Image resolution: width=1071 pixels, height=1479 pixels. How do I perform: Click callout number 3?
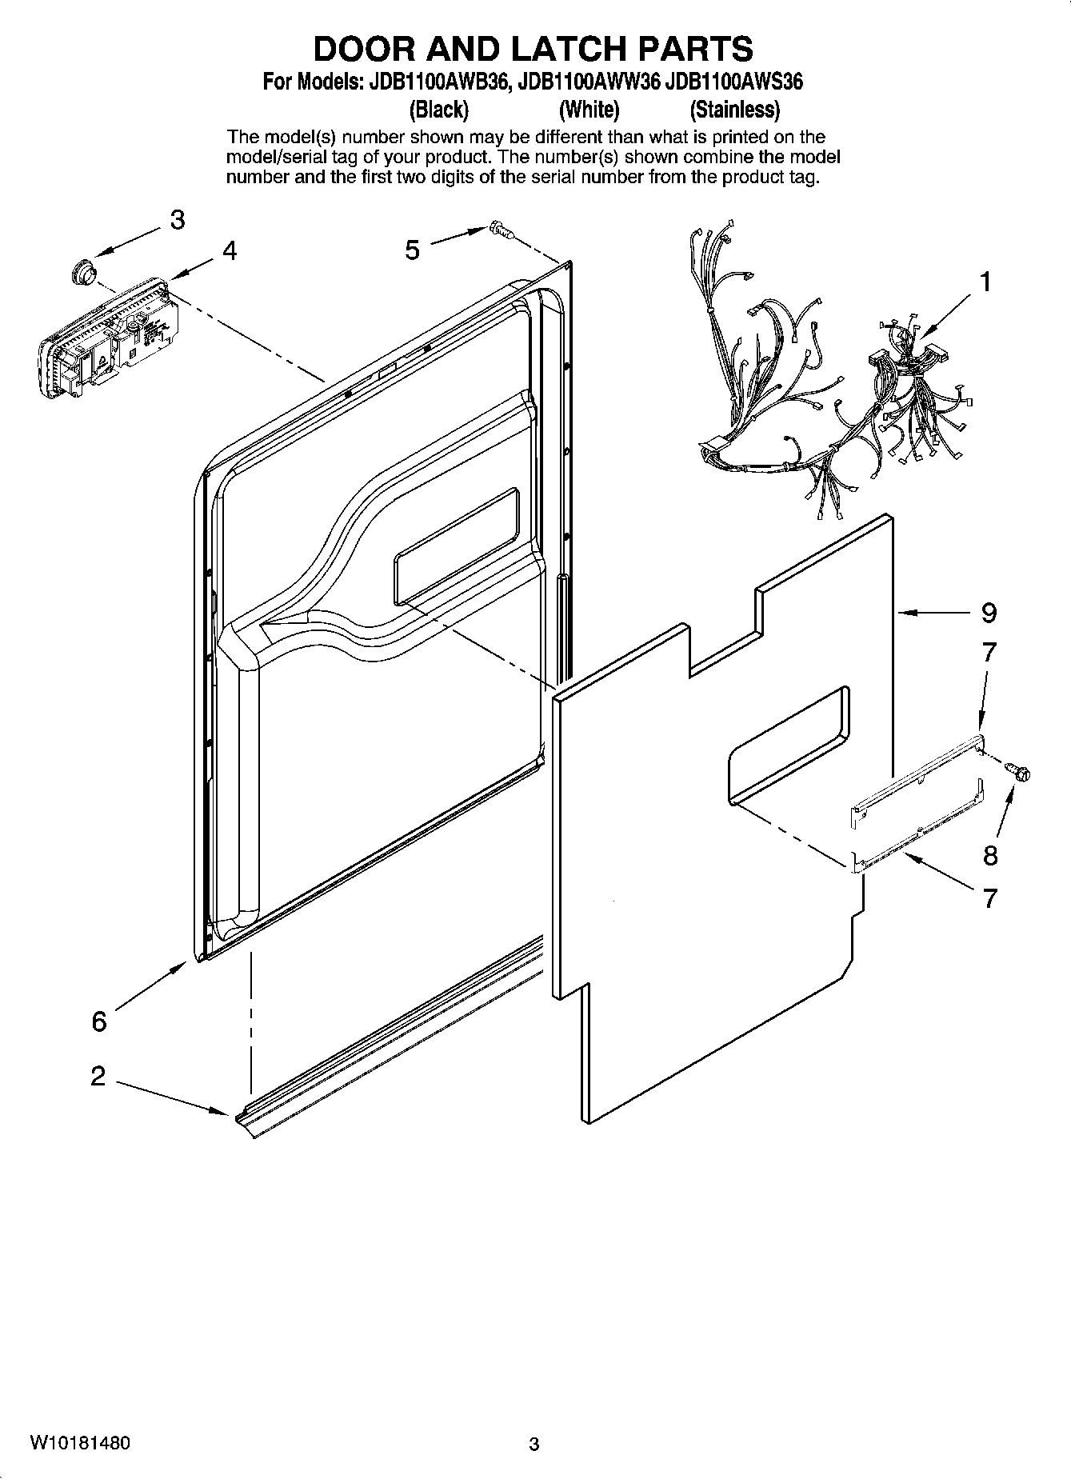[x=177, y=219]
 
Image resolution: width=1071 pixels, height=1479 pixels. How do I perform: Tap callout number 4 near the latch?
[x=230, y=251]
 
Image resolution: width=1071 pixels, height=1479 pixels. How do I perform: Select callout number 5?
[x=412, y=250]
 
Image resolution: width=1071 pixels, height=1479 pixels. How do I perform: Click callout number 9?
[x=989, y=613]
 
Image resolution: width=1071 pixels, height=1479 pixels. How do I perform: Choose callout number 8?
[x=990, y=856]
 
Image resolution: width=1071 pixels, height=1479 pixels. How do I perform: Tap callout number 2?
[x=98, y=1076]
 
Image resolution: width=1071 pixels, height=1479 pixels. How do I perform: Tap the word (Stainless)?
[x=734, y=109]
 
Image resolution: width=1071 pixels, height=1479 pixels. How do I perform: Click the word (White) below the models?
[x=589, y=109]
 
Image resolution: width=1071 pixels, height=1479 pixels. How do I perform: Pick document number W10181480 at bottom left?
[x=80, y=1443]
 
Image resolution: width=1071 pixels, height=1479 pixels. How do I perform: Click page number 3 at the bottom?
[x=534, y=1444]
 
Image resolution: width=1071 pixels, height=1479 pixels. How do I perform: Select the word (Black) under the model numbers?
[x=438, y=109]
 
